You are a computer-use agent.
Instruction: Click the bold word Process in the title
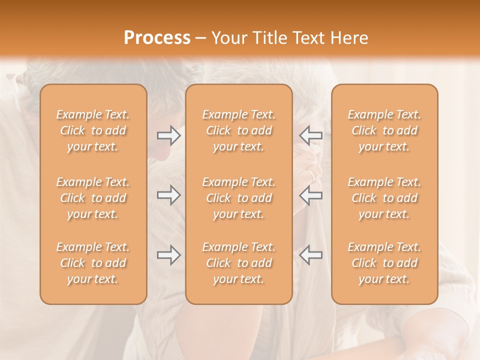point(157,38)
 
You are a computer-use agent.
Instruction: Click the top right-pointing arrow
point(168,135)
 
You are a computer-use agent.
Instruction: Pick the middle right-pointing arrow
point(168,195)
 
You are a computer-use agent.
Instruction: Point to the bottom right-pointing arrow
point(168,255)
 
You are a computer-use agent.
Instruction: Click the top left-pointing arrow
point(311,135)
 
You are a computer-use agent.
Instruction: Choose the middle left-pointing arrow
point(311,195)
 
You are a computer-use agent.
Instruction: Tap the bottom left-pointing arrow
point(311,255)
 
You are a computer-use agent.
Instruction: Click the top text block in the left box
point(93,130)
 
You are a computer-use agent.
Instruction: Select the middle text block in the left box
point(93,198)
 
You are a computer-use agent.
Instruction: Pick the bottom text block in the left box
point(93,263)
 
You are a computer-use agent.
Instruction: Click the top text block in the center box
point(239,130)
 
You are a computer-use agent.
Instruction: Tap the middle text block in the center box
point(239,198)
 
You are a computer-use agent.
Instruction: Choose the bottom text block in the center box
point(239,263)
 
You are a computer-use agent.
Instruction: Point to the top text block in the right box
point(384,130)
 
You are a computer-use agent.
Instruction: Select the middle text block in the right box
point(384,198)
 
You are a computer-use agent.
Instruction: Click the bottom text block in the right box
point(384,263)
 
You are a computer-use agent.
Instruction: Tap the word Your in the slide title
point(228,38)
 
